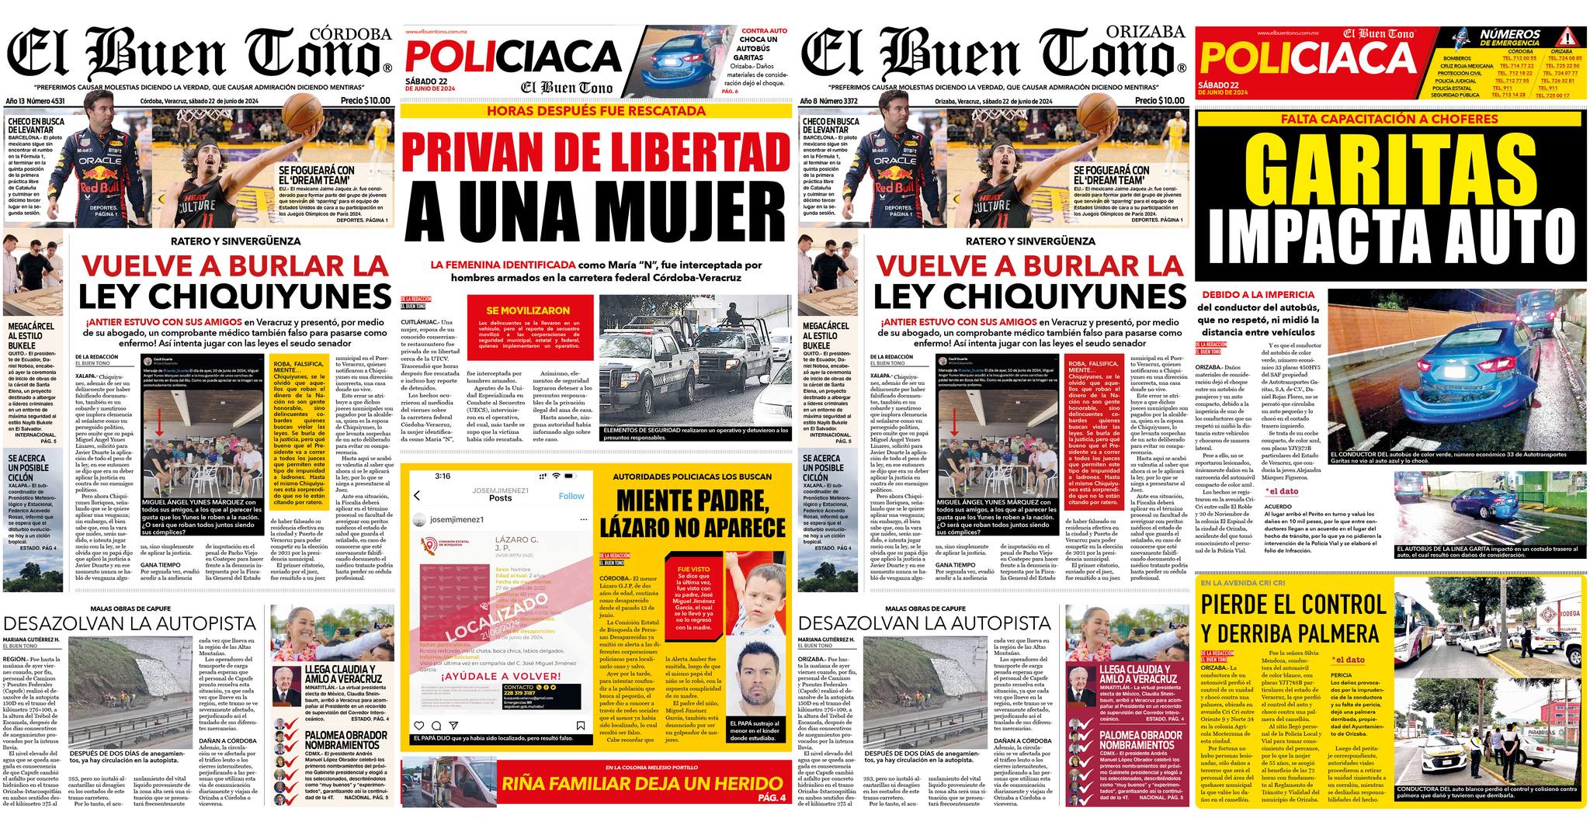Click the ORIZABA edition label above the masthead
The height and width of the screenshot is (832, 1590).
(1154, 31)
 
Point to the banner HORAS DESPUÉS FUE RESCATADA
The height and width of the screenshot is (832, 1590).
(595, 111)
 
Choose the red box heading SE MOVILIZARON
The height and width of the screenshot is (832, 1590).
(528, 310)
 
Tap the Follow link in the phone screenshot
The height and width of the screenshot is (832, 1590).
(571, 496)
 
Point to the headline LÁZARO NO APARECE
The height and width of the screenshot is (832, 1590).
(693, 528)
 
